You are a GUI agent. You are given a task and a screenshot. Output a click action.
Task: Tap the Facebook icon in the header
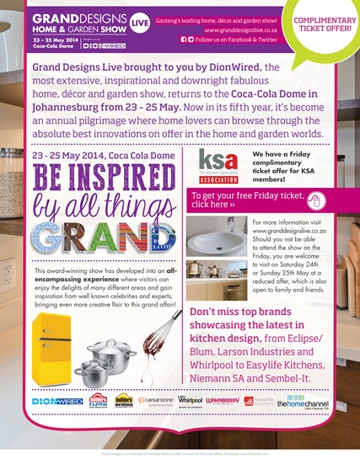(184, 40)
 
